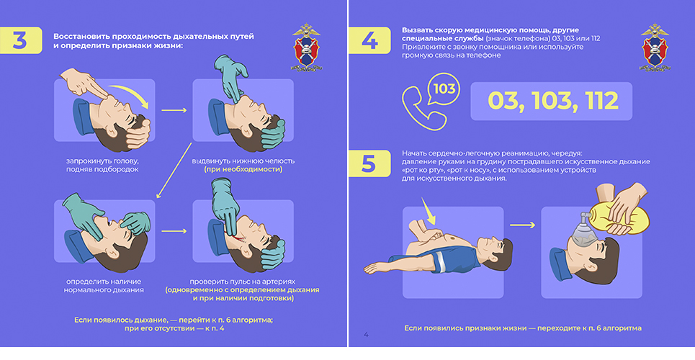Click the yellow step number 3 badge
(x=20, y=40)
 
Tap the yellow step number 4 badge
(x=369, y=40)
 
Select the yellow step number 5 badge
(x=369, y=163)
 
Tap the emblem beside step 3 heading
(x=306, y=48)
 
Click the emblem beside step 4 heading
(x=655, y=48)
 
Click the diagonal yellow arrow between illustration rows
(x=174, y=170)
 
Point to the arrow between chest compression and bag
(x=522, y=225)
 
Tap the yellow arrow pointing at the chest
(x=429, y=211)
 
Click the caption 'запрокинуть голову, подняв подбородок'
(x=102, y=165)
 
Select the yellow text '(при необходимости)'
(x=243, y=169)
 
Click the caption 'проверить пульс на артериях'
(x=243, y=282)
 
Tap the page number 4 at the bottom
(x=366, y=335)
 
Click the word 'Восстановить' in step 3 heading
(x=81, y=36)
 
